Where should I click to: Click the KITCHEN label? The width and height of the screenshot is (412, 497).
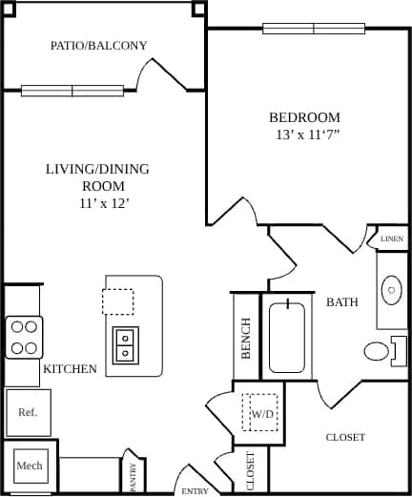click(70, 368)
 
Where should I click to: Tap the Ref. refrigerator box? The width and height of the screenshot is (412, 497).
click(28, 413)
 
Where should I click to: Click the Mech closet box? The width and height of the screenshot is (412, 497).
click(29, 466)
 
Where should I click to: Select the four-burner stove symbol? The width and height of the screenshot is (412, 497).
click(25, 337)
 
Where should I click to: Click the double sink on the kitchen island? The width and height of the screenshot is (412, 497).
click(124, 344)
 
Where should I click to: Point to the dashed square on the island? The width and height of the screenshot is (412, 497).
click(118, 301)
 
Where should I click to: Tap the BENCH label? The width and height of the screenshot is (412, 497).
click(245, 339)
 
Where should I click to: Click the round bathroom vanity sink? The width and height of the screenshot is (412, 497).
click(391, 288)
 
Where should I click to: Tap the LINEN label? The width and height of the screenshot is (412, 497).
click(391, 238)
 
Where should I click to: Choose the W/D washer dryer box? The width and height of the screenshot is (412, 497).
click(259, 413)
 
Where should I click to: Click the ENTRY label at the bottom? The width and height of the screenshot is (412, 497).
click(194, 490)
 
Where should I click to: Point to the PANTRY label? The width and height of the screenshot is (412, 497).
click(134, 477)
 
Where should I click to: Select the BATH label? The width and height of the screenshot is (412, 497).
click(342, 302)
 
